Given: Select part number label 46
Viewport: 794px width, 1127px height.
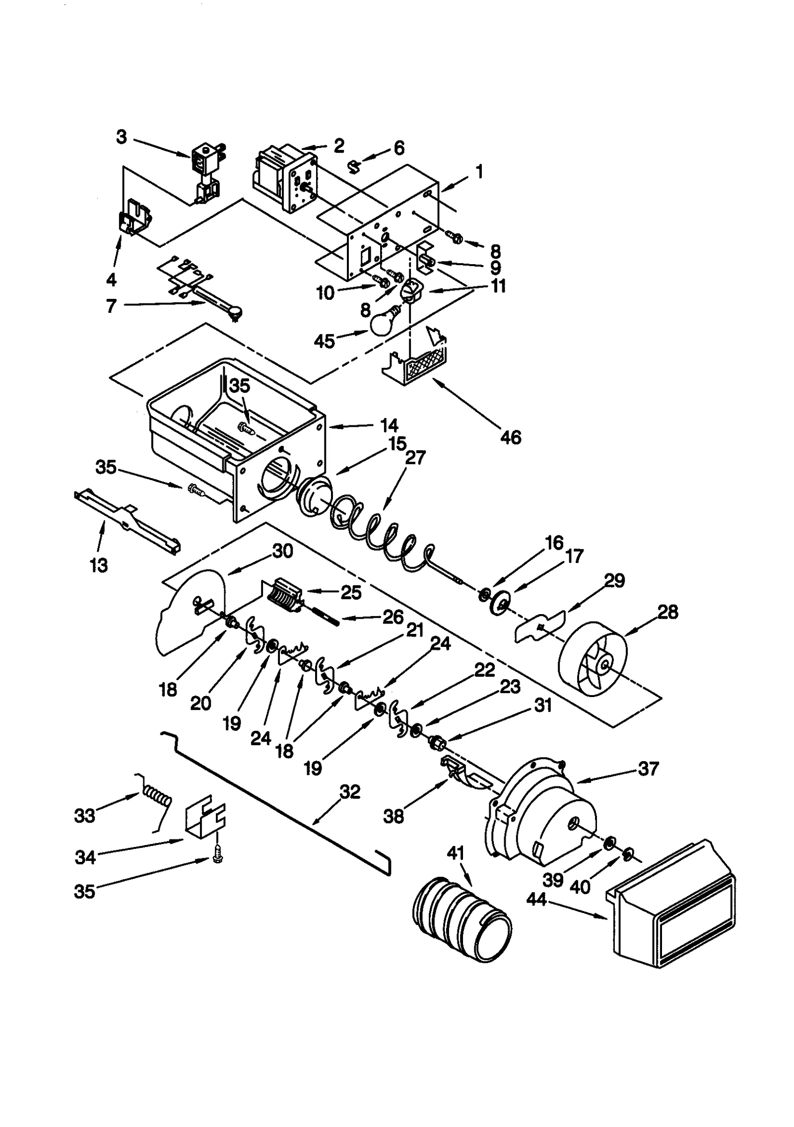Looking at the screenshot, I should pyautogui.click(x=511, y=437).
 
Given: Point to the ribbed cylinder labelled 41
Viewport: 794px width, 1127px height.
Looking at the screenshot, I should pyautogui.click(x=462, y=917).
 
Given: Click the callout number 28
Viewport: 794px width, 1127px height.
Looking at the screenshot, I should pyautogui.click(x=667, y=612).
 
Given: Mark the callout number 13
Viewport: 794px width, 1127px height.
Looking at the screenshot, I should pyautogui.click(x=99, y=565).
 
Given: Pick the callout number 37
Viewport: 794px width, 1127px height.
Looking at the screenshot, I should pyautogui.click(x=648, y=769).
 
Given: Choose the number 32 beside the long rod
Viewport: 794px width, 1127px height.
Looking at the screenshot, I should pyautogui.click(x=349, y=792).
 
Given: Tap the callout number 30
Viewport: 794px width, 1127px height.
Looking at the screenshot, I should pyautogui.click(x=282, y=551).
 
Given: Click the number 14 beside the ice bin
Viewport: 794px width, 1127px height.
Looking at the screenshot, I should pyautogui.click(x=389, y=425).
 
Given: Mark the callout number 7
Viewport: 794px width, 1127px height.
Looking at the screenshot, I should pyautogui.click(x=112, y=306).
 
